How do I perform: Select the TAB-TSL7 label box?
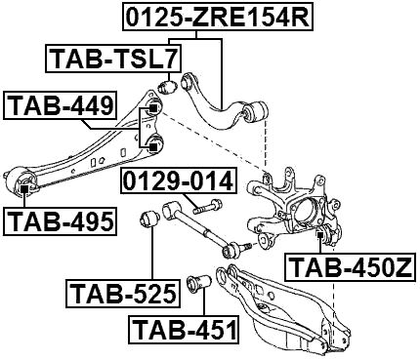109,60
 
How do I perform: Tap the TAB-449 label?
61,104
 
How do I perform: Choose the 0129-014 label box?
178,181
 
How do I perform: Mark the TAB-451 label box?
185,330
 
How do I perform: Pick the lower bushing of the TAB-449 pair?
152,146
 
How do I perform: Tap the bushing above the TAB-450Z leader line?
321,233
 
